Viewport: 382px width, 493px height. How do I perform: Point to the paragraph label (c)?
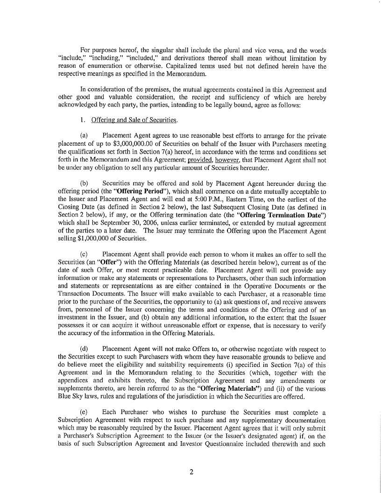click(85, 255)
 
